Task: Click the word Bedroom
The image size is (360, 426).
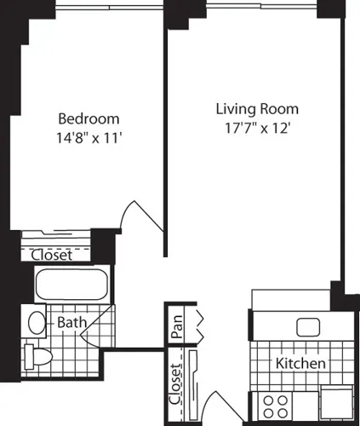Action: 88,118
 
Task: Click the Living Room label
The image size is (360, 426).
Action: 256,109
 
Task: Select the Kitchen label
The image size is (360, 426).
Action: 300,364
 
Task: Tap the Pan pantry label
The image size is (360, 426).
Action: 177,327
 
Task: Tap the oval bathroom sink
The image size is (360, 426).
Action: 37,323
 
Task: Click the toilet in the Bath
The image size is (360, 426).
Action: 35,355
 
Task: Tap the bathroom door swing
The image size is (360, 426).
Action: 101,327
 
